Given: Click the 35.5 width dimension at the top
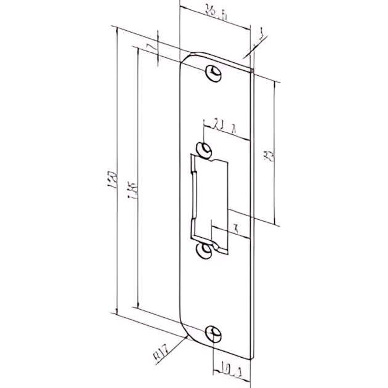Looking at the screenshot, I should (216, 13).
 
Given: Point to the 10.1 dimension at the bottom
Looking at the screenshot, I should (231, 370).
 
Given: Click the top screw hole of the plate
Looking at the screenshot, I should (214, 72).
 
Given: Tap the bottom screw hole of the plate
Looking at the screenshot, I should (213, 332).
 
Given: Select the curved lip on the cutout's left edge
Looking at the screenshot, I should (194, 197).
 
